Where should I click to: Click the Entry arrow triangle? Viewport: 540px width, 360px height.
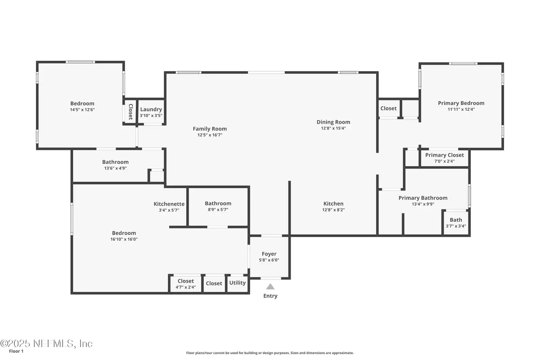(x=270, y=286)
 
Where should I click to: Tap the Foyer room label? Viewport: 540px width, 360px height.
(x=269, y=254)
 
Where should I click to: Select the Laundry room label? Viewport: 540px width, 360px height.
(x=151, y=109)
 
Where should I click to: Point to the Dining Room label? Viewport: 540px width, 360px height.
(x=333, y=122)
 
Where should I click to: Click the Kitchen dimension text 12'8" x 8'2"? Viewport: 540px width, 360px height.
(x=333, y=210)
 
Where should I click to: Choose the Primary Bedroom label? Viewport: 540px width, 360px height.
(x=461, y=103)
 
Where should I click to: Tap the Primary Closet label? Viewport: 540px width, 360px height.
(x=445, y=155)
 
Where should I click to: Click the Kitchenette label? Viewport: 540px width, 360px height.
(x=169, y=204)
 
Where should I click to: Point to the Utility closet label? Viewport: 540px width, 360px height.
(x=238, y=283)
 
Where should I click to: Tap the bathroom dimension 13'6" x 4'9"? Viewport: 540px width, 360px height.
(x=115, y=168)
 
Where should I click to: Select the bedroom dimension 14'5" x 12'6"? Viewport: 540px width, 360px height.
(x=82, y=109)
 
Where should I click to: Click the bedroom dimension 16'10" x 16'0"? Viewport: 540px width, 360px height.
(x=124, y=239)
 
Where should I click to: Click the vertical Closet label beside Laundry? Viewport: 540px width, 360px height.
(x=130, y=112)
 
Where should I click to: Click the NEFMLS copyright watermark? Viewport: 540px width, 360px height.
(x=46, y=343)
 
